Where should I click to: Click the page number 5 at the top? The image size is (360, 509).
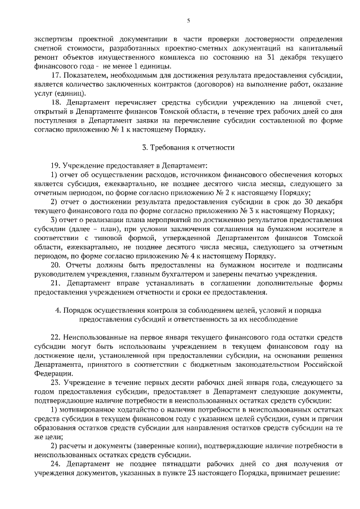click(x=188, y=21)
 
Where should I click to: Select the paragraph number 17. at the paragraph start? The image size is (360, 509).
click(x=56, y=75)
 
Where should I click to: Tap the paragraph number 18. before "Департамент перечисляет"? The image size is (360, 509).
click(x=56, y=102)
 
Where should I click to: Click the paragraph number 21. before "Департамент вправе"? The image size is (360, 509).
click(x=56, y=283)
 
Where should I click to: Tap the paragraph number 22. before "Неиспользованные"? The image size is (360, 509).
click(x=56, y=337)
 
